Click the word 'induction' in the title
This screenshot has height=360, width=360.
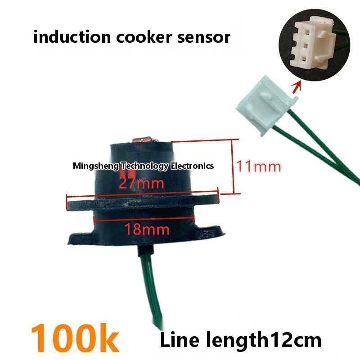pos(65,37)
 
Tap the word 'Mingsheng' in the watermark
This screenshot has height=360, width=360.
pos(95,166)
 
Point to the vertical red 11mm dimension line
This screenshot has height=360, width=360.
pos(233,166)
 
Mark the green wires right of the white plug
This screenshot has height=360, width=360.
pos(324,153)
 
